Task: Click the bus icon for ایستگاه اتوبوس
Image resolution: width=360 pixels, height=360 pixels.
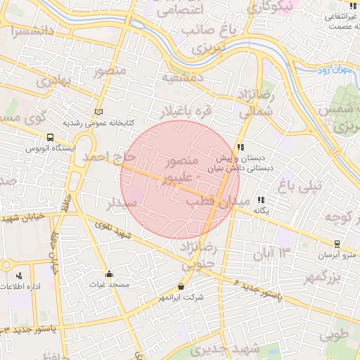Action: (x=50, y=138)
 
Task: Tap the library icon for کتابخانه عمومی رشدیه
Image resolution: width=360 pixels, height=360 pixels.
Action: (x=98, y=112)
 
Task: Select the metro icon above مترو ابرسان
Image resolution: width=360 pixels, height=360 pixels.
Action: (x=337, y=244)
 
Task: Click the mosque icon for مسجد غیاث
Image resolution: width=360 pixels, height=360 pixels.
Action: (x=108, y=274)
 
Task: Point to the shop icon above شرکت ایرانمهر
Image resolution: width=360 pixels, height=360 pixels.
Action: (x=181, y=286)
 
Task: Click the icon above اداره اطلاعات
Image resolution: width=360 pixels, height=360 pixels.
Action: (x=18, y=275)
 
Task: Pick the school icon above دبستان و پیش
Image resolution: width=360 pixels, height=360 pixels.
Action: (x=240, y=148)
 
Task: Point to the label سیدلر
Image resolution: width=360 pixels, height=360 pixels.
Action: (x=120, y=204)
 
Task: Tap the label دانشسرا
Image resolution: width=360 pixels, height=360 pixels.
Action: (x=32, y=32)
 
